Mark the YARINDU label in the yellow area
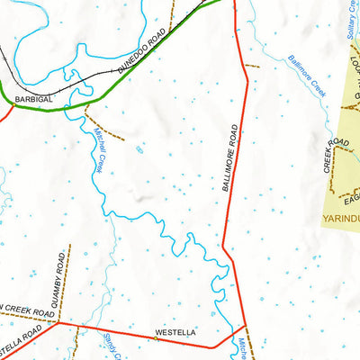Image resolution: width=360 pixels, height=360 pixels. pos(341,218)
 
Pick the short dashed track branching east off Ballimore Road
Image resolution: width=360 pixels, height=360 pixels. pos(251,66)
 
